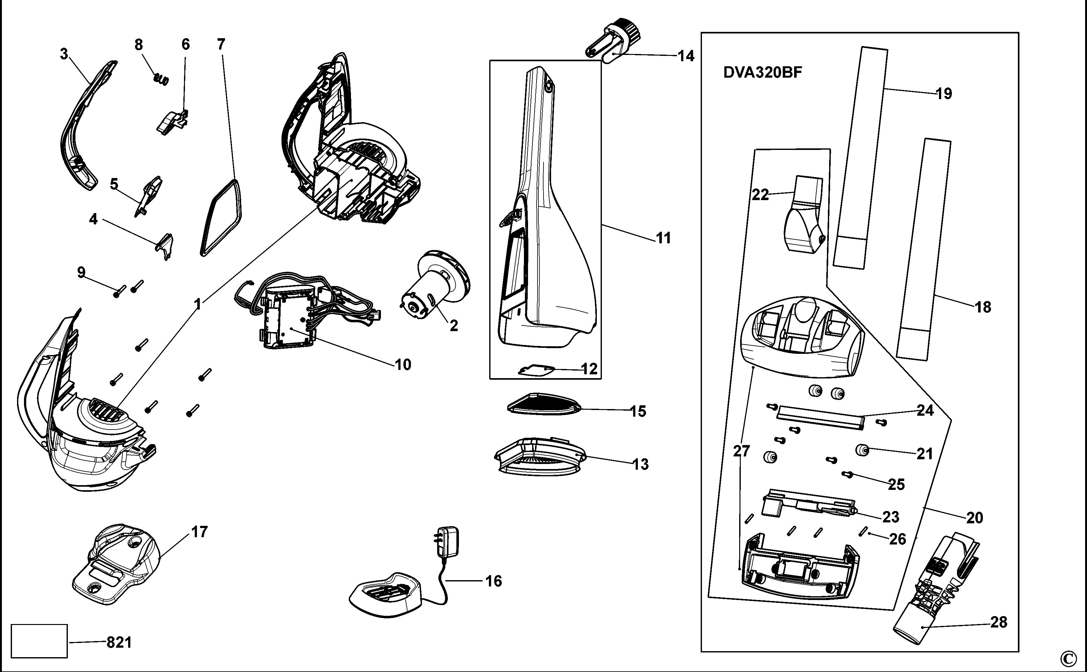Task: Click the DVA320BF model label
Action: [x=763, y=73]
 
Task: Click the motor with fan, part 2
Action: [x=436, y=284]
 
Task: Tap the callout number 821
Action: [x=119, y=642]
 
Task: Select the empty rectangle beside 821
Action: [x=39, y=640]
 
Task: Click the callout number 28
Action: [x=999, y=622]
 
